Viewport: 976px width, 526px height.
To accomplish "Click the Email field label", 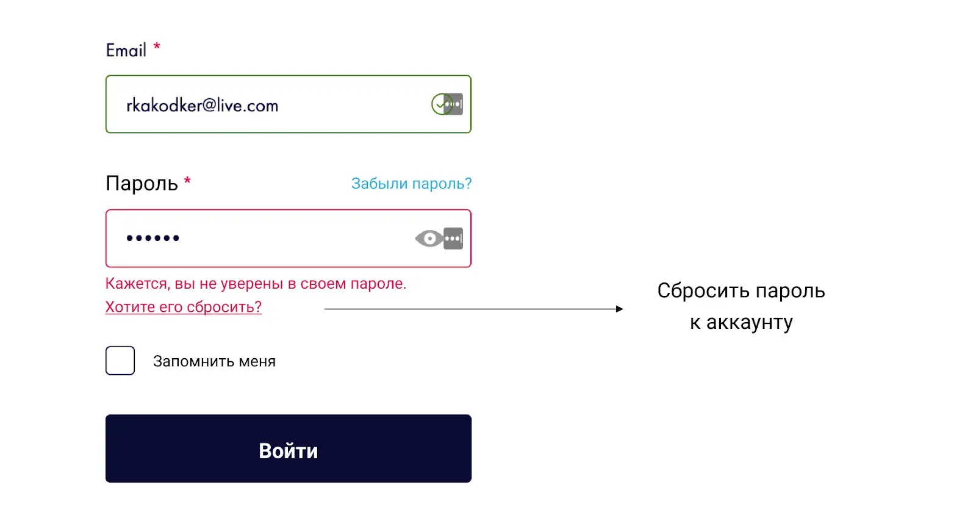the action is click(x=126, y=50).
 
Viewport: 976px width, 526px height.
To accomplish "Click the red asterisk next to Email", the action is click(x=157, y=46).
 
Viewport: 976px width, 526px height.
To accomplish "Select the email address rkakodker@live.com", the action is click(x=202, y=106).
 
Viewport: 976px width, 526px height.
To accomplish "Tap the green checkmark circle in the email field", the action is click(x=441, y=104).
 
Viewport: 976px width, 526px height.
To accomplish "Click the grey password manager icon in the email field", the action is click(x=454, y=104).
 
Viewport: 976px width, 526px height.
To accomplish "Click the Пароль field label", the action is click(x=142, y=183).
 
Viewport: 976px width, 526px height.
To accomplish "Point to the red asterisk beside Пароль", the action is click(x=187, y=181).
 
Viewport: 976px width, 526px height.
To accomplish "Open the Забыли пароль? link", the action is click(x=411, y=184).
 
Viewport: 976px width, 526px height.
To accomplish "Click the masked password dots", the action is click(x=152, y=238).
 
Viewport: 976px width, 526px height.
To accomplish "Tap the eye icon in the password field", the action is click(x=429, y=239).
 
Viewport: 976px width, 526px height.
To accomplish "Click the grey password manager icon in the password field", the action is click(x=453, y=239).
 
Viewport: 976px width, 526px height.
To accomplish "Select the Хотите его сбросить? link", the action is click(x=184, y=307).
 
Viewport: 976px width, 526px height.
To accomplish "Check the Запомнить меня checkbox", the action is click(x=120, y=361).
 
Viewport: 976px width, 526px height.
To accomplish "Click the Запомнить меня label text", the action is click(x=214, y=361).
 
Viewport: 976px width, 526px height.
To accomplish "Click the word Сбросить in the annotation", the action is click(x=704, y=290).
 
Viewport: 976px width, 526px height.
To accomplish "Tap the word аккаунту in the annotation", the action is click(x=750, y=322).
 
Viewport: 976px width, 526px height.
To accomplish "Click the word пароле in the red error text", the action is click(x=378, y=284).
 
